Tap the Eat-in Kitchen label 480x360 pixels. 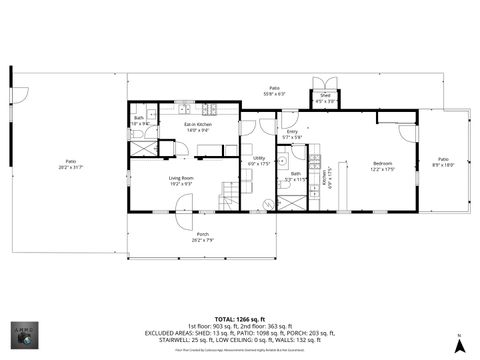click(x=196, y=126)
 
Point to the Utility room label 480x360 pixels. click(x=258, y=160)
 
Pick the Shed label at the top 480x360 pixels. click(x=326, y=97)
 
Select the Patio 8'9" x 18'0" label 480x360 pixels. click(x=443, y=165)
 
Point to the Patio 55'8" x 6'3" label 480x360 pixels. click(x=273, y=91)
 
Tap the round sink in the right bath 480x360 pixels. click(x=283, y=160)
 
